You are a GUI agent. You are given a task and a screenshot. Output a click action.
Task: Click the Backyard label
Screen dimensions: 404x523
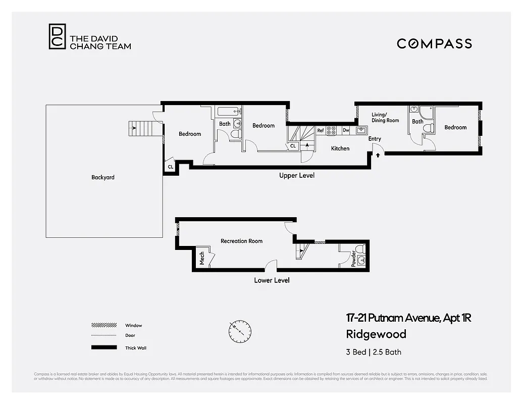coord(102,177)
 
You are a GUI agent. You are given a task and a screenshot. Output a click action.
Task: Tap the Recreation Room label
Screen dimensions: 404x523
coord(241,241)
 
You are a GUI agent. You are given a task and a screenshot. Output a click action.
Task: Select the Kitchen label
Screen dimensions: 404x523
coord(340,148)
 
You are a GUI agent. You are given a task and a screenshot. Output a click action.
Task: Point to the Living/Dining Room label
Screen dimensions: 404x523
coord(385,118)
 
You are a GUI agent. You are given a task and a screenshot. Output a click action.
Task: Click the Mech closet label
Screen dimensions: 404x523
coord(202,258)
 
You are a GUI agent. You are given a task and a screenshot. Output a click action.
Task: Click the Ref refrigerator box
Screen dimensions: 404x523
coord(321,130)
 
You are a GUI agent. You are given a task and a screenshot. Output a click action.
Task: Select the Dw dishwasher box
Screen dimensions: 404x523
coord(346,130)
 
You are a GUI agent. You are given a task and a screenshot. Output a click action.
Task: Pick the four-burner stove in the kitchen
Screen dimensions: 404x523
coord(332,130)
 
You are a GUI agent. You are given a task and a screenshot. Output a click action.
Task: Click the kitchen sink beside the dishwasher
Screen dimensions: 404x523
coord(360,130)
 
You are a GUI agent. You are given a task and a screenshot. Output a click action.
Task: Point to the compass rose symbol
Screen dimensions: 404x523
coord(238,331)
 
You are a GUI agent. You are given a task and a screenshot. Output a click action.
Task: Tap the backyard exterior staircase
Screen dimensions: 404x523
coord(140,129)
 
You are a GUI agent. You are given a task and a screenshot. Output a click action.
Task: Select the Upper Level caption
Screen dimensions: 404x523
coord(297,175)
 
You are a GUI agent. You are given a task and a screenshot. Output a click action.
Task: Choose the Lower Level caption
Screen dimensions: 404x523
coord(272,280)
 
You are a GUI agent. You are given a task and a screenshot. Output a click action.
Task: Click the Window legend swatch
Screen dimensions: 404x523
coord(104,325)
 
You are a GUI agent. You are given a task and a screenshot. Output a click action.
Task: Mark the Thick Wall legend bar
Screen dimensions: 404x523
coord(104,347)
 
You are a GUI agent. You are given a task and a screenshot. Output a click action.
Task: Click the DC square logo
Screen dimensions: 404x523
coord(57,37)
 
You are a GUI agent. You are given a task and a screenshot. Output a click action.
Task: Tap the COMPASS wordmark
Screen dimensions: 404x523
coord(434,43)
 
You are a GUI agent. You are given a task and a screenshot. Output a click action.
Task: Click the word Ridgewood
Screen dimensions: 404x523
coord(376,334)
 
